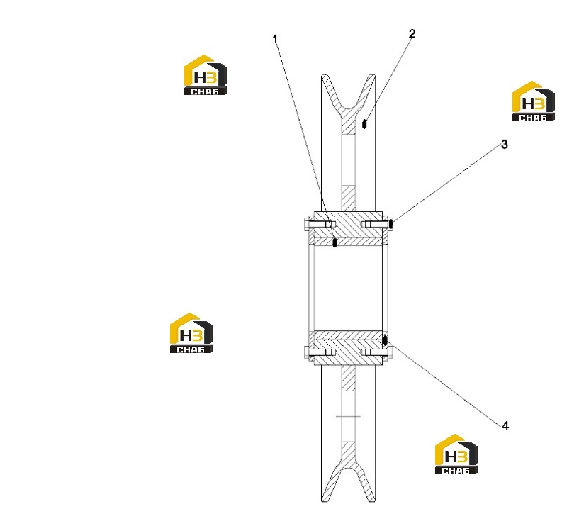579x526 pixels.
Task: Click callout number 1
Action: pyautogui.click(x=275, y=39)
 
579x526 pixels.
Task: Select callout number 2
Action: pyautogui.click(x=412, y=34)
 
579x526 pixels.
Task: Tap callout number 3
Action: pyautogui.click(x=505, y=145)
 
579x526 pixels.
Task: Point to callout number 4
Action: pyautogui.click(x=505, y=426)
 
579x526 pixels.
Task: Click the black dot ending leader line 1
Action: pyautogui.click(x=335, y=242)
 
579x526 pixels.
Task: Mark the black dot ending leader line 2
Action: pyautogui.click(x=364, y=124)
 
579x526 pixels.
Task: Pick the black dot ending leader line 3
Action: pyautogui.click(x=390, y=224)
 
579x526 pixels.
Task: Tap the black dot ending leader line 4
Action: pyautogui.click(x=385, y=340)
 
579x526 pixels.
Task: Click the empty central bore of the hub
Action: pyautogui.click(x=348, y=288)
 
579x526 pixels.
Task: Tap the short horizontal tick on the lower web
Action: pyautogui.click(x=348, y=416)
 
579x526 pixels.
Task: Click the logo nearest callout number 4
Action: pyautogui.click(x=456, y=454)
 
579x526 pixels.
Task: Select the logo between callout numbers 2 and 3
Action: pyautogui.click(x=533, y=101)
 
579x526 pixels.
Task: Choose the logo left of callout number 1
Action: pyautogui.click(x=206, y=75)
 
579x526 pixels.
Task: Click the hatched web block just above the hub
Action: pyautogui.click(x=348, y=198)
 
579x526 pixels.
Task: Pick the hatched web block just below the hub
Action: pyautogui.click(x=348, y=379)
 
